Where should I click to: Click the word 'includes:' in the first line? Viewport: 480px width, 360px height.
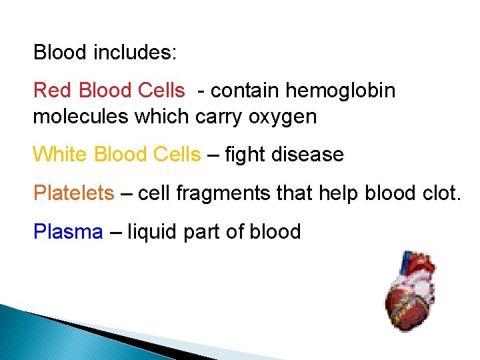point(135,52)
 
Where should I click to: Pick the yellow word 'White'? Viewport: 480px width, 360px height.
point(61,155)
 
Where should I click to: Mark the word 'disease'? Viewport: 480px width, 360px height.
point(311,155)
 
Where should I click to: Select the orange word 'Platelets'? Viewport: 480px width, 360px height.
point(74,193)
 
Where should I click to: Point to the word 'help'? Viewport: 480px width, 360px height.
point(337,193)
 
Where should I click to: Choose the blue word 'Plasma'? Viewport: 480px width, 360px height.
point(68,232)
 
